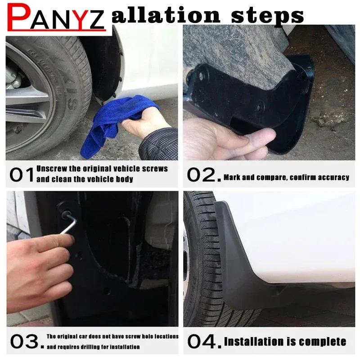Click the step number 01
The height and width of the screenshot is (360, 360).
pyautogui.click(x=21, y=175)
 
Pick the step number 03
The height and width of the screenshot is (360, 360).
pyautogui.click(x=25, y=342)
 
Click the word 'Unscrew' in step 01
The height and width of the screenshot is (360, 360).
pyautogui.click(x=50, y=169)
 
